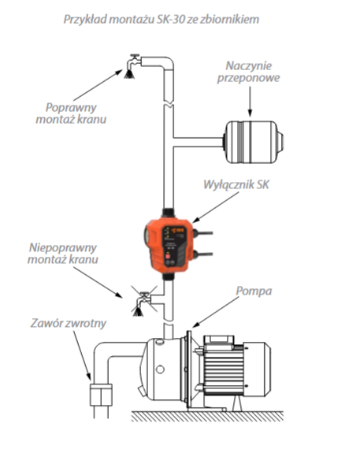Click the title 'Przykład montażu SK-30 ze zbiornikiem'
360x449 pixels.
point(161,20)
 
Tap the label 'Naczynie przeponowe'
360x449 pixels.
point(248,72)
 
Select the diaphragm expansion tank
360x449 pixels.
point(254,142)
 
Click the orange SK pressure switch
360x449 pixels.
point(169,245)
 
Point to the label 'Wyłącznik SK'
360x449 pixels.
point(236,184)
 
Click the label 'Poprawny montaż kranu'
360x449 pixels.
point(71,113)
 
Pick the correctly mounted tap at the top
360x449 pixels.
point(132,66)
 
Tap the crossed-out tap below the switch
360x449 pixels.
point(143,302)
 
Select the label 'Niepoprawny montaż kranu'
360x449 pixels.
point(63,254)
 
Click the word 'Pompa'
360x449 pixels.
point(254,291)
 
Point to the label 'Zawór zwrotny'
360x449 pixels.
point(69,323)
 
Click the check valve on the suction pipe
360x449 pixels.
point(101,395)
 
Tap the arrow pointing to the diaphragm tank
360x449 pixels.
point(250,102)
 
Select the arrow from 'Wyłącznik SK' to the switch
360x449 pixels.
point(215,207)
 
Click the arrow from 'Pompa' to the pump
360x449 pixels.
point(215,312)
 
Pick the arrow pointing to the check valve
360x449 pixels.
point(82,356)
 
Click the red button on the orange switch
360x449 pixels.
point(168,256)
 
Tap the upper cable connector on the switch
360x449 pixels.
point(202,233)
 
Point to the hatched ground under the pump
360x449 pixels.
point(207,416)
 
